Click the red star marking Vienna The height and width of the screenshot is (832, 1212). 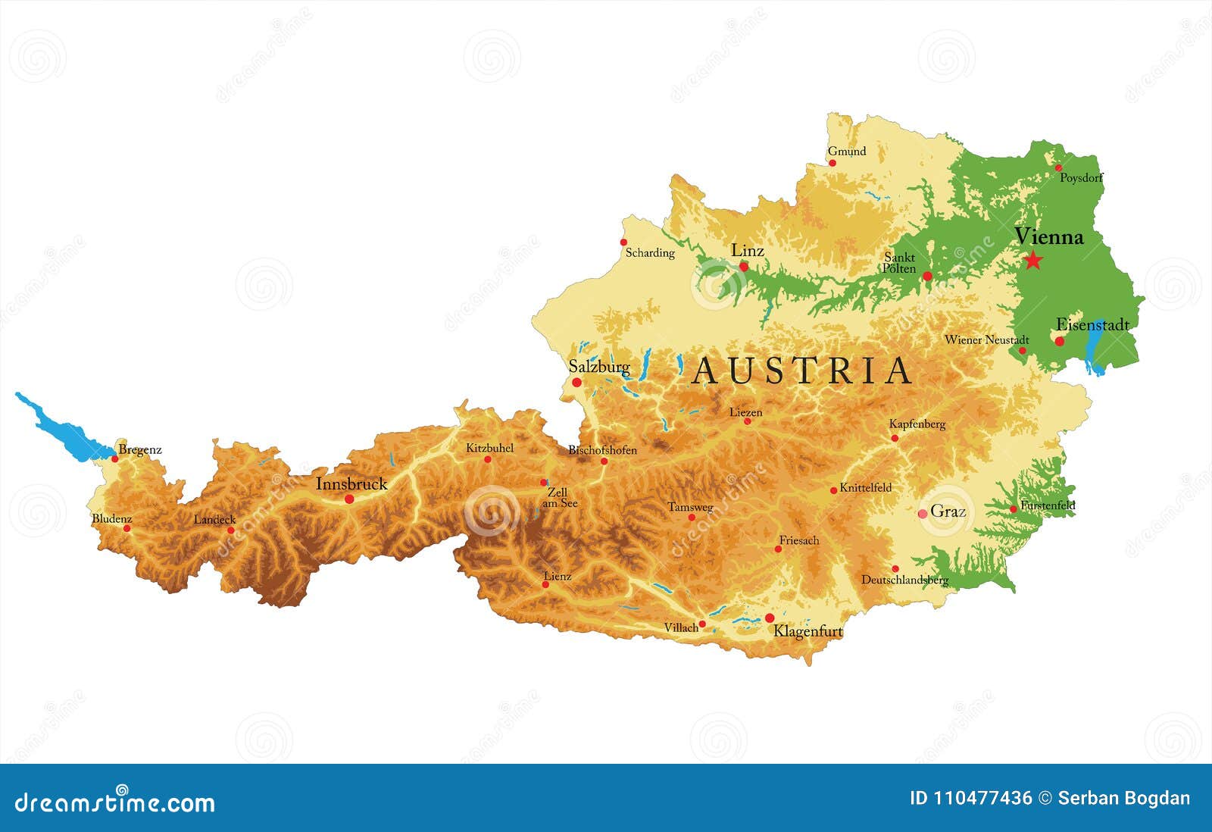pos(1032,261)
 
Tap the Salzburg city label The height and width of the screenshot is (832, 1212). pos(598,367)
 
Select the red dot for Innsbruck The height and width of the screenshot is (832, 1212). pos(349,499)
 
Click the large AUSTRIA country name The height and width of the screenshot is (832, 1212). pos(803,371)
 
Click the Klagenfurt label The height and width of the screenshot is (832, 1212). pos(807,631)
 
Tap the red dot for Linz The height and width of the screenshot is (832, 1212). pos(744,267)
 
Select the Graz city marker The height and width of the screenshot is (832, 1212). pos(923,514)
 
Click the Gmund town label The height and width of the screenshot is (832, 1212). pos(846,151)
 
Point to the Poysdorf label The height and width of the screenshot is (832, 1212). pos(1081,178)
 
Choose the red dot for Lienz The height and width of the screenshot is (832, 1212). pos(545,584)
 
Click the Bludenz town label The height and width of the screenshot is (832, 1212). pos(111,519)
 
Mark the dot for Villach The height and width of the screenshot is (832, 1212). pos(702,624)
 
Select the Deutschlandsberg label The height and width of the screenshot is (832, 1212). pos(904,580)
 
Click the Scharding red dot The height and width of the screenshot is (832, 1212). pos(623,242)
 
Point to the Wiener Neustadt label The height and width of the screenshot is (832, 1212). pos(986,340)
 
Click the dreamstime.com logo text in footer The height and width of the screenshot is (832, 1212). pos(115,802)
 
